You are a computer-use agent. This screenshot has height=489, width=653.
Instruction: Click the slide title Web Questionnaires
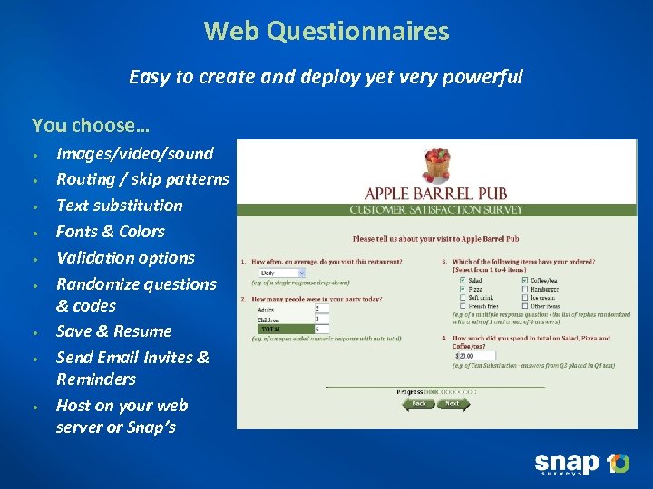pyautogui.click(x=326, y=32)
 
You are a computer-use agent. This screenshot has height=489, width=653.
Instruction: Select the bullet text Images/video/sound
pyautogui.click(x=134, y=154)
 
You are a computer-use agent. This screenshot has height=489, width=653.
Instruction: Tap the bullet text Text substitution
pyautogui.click(x=119, y=206)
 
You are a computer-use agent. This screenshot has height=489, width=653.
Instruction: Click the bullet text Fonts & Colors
pyautogui.click(x=110, y=232)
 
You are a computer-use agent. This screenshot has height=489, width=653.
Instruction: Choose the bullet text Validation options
pyautogui.click(x=125, y=258)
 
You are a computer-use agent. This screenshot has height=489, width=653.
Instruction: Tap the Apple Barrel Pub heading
pyautogui.click(x=436, y=194)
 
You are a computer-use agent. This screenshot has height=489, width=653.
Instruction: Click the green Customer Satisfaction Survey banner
pyautogui.click(x=436, y=210)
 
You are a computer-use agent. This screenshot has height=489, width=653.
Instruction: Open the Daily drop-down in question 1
pyautogui.click(x=280, y=272)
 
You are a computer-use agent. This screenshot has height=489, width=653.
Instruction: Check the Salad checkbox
pyautogui.click(x=463, y=281)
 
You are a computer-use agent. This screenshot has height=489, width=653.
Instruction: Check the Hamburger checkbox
pyautogui.click(x=524, y=290)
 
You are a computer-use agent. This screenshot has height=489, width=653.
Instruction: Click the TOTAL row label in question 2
pyautogui.click(x=272, y=329)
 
